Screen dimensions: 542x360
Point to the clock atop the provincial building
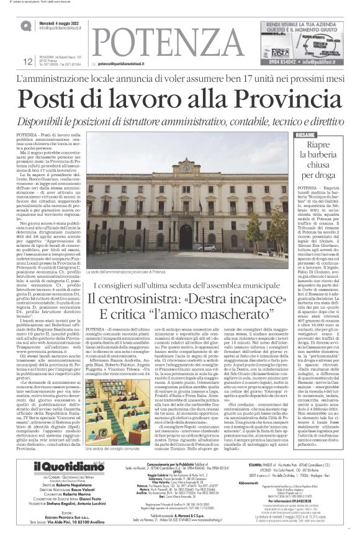click(x=186, y=167)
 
